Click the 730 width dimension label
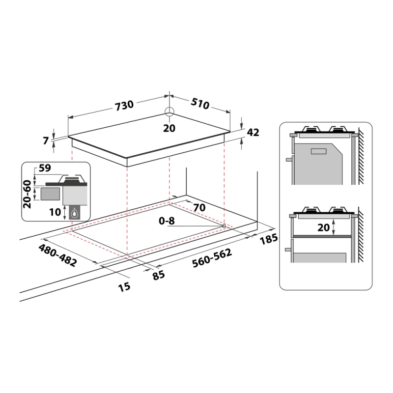pos(124,105)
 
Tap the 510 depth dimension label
pos(200,103)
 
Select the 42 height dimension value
pos(253,132)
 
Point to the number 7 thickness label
pos(46,140)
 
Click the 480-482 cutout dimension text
pos(57,255)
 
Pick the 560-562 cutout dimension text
pos(212,258)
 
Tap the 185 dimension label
pos(269,239)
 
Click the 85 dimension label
pos(159,275)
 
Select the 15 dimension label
pos(124,287)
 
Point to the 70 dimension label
pos(199,207)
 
